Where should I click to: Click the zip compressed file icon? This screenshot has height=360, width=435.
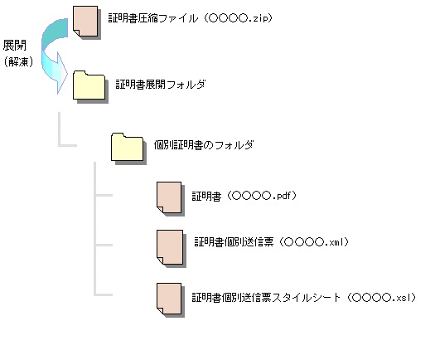point(85,22)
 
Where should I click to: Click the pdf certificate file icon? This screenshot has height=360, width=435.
point(169,197)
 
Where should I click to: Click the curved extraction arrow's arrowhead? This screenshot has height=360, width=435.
point(61,73)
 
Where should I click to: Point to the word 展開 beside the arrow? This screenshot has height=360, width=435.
point(15,46)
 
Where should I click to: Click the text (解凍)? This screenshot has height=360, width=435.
point(18,61)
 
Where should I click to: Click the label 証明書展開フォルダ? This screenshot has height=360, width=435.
point(161,84)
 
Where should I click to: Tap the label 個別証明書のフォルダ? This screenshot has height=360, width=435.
point(204,145)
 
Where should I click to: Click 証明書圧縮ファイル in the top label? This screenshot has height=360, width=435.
point(153,18)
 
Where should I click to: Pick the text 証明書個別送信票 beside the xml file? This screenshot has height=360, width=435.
point(234,242)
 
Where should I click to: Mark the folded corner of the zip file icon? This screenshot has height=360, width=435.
point(76,33)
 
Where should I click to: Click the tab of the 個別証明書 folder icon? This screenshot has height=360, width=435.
point(118,135)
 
